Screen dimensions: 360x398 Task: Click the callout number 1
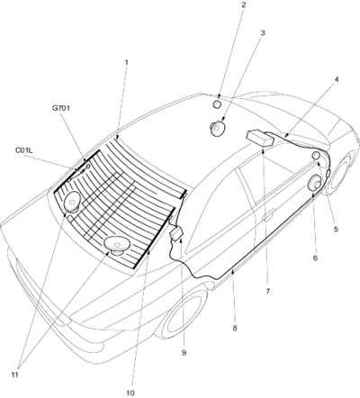(127, 62)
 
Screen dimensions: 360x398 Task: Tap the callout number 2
(243, 5)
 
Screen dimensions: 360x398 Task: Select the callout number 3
(263, 32)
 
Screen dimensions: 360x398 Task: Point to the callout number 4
(337, 79)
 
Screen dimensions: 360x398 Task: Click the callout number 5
(336, 229)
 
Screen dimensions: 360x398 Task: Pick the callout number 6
(315, 258)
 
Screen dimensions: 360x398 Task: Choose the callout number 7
(267, 291)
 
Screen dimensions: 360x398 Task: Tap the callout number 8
(235, 328)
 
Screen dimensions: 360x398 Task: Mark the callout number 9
(184, 352)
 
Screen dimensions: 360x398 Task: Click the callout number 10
(130, 393)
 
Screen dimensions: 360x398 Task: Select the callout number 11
(14, 375)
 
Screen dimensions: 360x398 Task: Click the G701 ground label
(61, 108)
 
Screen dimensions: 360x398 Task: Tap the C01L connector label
(23, 149)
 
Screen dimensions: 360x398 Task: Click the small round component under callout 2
(217, 104)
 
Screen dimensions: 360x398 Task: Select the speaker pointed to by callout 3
(217, 128)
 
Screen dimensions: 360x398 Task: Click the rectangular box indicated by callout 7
(260, 138)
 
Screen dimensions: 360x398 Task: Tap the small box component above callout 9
(176, 233)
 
